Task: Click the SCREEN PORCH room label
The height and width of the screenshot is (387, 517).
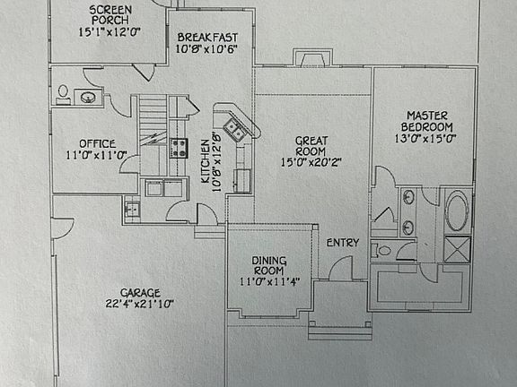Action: tap(110, 15)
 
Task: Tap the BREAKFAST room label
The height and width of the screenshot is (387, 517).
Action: tap(207, 38)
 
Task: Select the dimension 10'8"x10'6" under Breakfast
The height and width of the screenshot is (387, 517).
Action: tap(206, 49)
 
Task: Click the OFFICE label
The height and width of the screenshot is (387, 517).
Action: tap(98, 144)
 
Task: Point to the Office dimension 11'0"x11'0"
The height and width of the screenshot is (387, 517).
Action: tap(97, 155)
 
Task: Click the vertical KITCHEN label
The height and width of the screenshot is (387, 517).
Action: tap(206, 161)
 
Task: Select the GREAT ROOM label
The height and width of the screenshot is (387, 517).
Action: tap(311, 146)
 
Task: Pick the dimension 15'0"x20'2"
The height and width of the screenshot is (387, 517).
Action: tap(311, 162)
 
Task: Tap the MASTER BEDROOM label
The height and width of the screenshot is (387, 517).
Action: tap(427, 121)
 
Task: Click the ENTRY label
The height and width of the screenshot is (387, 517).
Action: tap(343, 243)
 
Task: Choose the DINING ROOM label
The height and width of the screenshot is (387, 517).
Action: tap(269, 265)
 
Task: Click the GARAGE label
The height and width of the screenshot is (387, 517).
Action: tap(140, 293)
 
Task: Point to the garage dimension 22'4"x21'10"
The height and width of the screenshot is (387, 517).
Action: tap(139, 304)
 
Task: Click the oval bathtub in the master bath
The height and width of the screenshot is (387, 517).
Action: tap(457, 211)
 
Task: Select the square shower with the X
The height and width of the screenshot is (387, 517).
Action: tap(457, 249)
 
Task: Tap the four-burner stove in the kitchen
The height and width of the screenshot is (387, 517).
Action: tap(179, 149)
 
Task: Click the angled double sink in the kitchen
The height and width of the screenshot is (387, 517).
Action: tap(234, 130)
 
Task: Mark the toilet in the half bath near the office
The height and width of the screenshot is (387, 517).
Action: tap(63, 93)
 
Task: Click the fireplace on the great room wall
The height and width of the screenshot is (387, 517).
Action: tap(312, 57)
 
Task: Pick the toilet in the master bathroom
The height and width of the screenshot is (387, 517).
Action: tap(381, 251)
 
